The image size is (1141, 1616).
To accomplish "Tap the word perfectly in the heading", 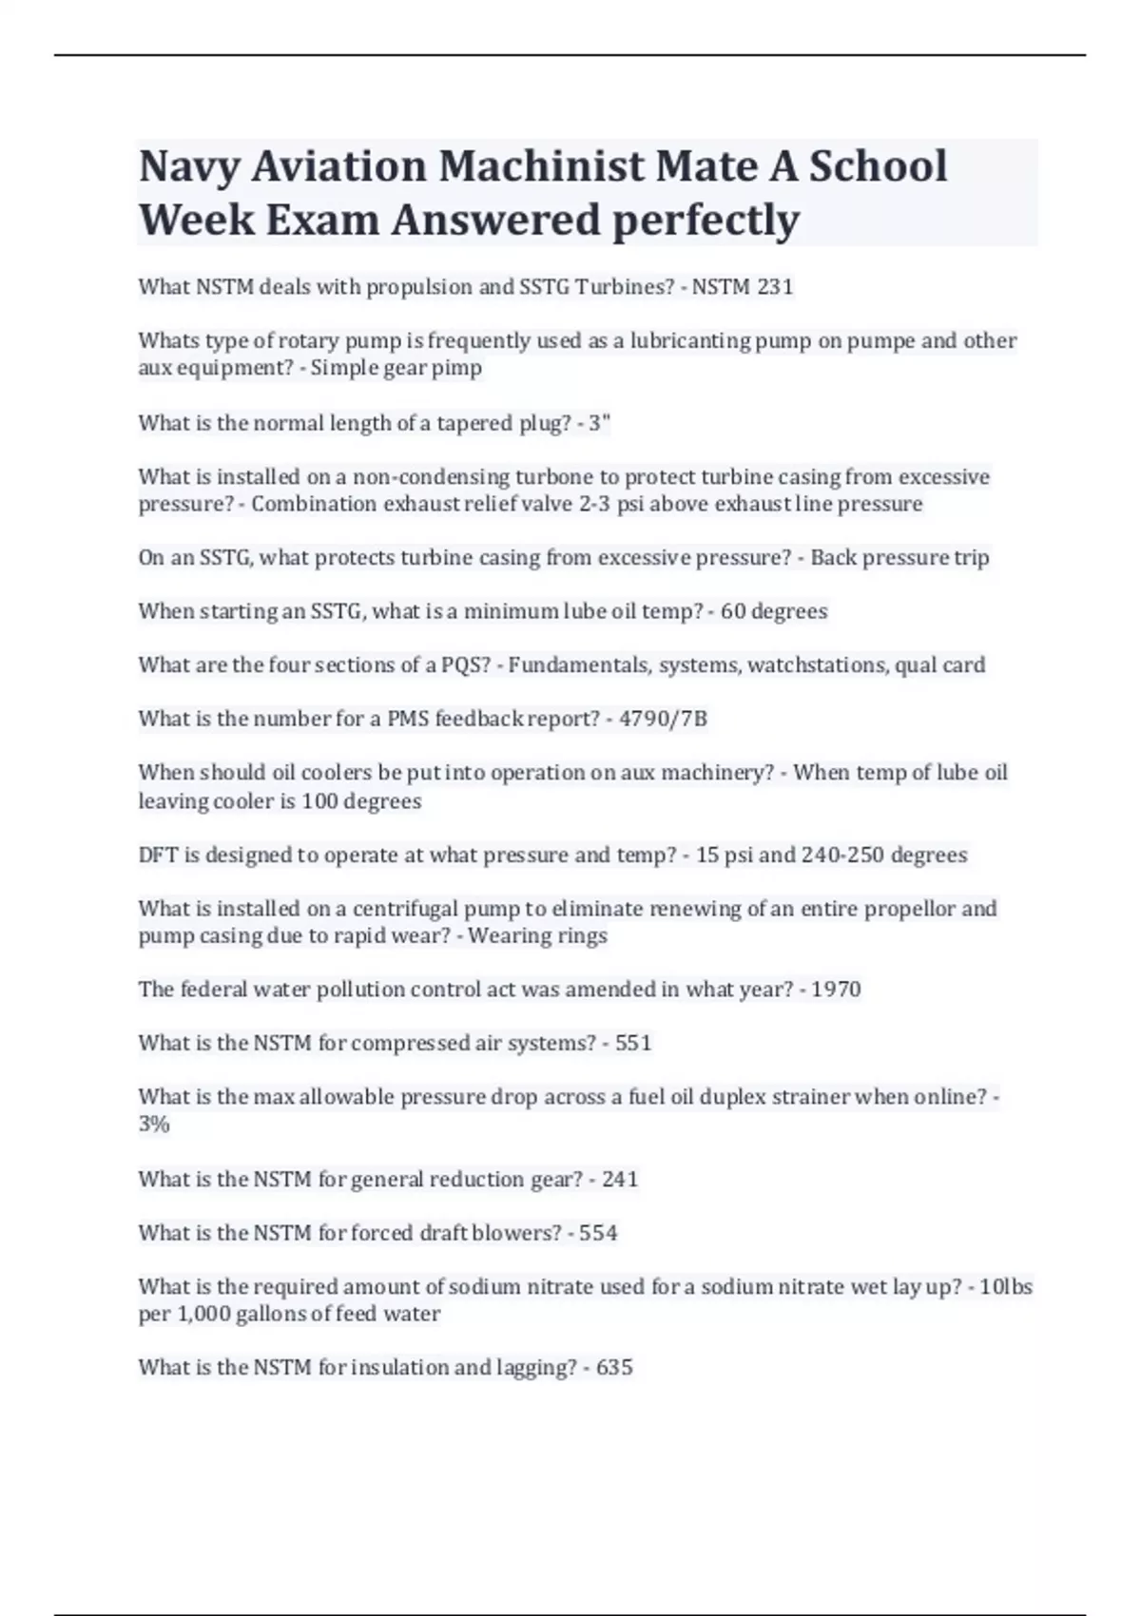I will (706, 220).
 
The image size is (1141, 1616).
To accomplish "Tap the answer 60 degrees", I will (773, 611).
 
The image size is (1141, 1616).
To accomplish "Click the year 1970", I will (836, 990).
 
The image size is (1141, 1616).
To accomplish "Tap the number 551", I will (633, 1043).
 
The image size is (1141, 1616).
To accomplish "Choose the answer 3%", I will (154, 1125).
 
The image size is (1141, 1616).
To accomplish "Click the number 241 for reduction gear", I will (620, 1180).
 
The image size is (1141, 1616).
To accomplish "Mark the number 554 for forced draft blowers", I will (598, 1233).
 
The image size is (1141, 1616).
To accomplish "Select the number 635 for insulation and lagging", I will (614, 1368).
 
